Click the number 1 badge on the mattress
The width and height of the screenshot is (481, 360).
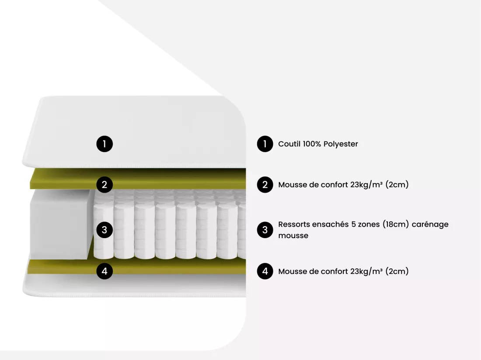tap(105, 144)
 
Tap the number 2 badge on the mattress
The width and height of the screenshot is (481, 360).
tap(105, 185)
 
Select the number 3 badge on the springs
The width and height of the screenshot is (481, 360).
tap(105, 230)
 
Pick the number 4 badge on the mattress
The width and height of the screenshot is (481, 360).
tap(105, 271)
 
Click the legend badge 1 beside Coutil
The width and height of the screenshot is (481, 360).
tap(265, 144)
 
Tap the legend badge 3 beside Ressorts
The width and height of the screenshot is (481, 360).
tap(265, 230)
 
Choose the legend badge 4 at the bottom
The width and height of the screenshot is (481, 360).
tap(265, 271)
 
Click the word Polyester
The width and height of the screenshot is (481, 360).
tap(341, 144)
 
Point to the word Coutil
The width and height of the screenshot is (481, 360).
tap(289, 144)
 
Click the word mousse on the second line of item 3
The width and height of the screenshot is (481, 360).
tap(293, 235)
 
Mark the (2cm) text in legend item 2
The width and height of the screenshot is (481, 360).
tap(397, 185)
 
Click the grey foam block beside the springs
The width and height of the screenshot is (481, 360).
tap(61, 224)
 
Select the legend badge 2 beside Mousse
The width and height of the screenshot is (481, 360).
tap(265, 185)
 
